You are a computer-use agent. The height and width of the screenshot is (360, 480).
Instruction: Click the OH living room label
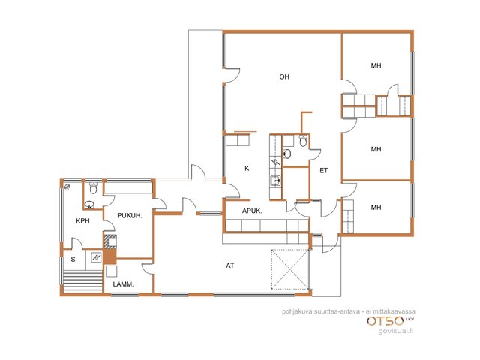click(284, 76)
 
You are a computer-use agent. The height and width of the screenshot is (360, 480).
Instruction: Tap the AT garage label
click(230, 265)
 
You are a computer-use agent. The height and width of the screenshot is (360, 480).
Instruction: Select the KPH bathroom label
click(82, 220)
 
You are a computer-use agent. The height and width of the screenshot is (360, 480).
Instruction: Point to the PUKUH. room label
click(130, 215)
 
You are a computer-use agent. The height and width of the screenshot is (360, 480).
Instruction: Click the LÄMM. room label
click(123, 284)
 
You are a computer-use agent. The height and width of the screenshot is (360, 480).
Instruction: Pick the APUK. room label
click(252, 211)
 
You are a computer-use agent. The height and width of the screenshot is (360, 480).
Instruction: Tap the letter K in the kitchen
click(247, 168)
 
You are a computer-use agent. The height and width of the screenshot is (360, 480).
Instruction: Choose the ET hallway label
click(323, 171)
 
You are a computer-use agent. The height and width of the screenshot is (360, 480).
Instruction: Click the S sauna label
click(73, 259)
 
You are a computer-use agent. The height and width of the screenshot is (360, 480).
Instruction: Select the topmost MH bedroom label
click(376, 65)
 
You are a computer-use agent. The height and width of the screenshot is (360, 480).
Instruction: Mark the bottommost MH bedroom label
click(376, 208)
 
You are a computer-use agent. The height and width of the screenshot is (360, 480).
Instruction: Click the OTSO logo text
click(385, 321)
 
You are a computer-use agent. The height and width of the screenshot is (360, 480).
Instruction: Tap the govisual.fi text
click(396, 331)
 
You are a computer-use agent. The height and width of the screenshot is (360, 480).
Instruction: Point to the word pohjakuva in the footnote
click(293, 312)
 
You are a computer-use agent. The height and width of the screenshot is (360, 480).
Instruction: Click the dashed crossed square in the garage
click(290, 269)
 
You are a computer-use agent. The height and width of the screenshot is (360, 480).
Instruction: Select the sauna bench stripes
click(82, 281)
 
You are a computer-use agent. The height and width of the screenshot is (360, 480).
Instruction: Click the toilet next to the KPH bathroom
click(93, 188)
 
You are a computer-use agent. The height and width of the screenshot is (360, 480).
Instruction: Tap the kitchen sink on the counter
click(275, 181)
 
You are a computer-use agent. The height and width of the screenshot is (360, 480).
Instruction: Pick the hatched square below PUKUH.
click(110, 241)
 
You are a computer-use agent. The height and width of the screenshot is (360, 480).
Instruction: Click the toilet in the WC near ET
click(303, 141)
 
